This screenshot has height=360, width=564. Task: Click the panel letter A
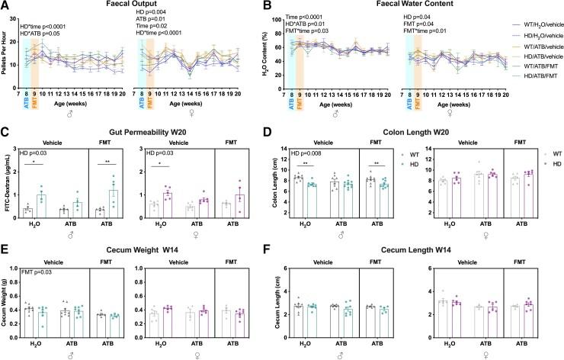pyautogui.click(x=6, y=6)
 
